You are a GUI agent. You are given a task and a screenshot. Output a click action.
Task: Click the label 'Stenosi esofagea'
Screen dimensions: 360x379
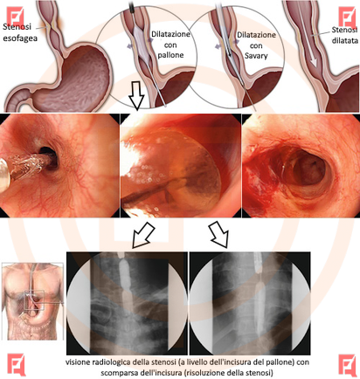tap(20, 32)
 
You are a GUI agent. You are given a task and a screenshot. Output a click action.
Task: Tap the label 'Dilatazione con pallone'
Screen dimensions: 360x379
tap(170, 45)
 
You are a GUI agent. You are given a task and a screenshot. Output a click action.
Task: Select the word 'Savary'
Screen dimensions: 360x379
tap(256, 56)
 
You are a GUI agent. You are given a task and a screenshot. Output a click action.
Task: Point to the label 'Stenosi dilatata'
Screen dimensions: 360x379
tap(344, 35)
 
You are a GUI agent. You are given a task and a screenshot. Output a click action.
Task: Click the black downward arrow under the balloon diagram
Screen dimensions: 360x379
tap(136, 95)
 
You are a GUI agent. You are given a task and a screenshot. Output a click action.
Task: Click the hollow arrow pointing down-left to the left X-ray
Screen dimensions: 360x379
tap(142, 235)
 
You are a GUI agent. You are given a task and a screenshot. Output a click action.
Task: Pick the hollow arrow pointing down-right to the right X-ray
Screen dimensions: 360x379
tap(220, 234)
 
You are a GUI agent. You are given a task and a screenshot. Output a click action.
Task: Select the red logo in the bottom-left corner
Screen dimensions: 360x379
tap(17, 365)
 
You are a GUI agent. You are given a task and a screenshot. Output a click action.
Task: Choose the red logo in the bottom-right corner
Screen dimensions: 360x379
tap(348, 365)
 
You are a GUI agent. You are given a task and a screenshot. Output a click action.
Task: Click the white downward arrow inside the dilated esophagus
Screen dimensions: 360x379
tap(308, 38)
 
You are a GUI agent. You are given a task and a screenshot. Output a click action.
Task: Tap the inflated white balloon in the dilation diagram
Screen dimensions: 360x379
tap(142, 43)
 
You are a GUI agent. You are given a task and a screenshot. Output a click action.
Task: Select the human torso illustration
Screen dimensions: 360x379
tap(33, 301)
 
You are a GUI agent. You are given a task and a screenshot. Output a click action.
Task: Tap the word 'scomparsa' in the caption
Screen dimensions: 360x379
tap(120, 373)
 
